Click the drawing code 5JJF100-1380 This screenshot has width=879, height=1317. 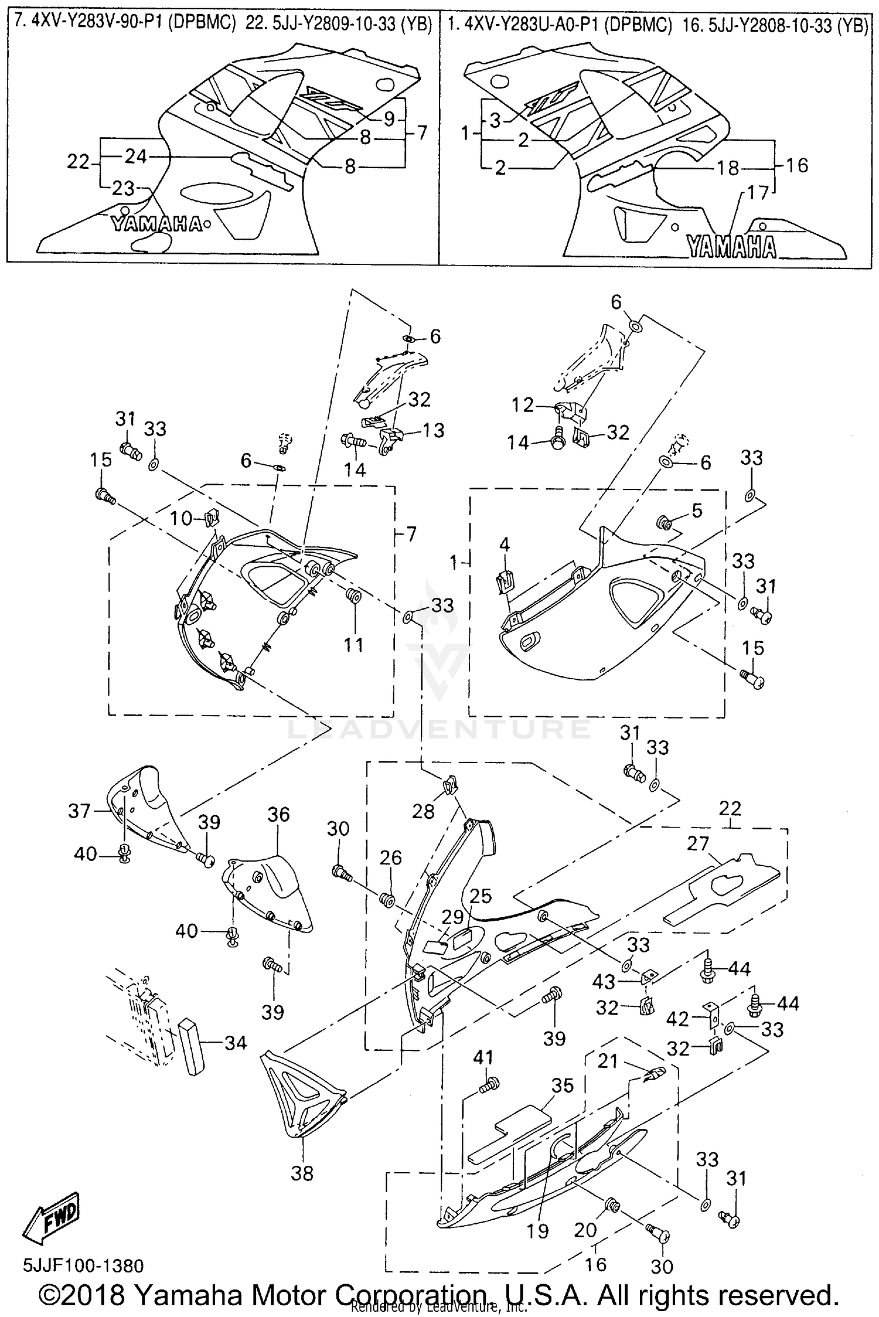tap(83, 1265)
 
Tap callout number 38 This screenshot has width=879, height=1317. tap(302, 1173)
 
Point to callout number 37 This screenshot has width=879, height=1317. tap(79, 811)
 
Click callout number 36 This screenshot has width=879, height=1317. tap(279, 814)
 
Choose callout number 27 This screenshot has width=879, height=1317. tap(698, 843)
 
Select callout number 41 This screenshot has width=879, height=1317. tap(484, 1057)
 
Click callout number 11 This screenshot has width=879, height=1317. tap(353, 645)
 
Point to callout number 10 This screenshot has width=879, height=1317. tap(182, 518)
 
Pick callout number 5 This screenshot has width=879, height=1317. tap(697, 511)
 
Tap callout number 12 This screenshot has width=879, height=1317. tap(522, 405)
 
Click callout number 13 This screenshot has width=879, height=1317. tap(434, 430)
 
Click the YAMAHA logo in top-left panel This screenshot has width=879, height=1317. tap(157, 223)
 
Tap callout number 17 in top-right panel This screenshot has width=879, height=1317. tap(758, 193)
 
